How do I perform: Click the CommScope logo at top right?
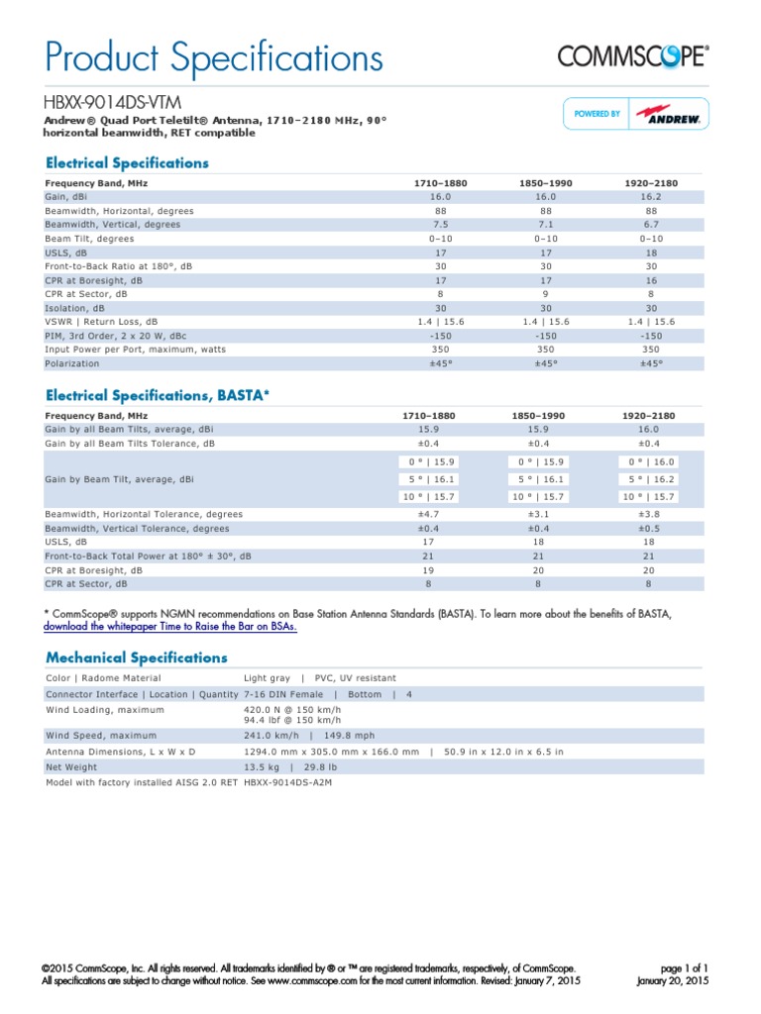pos(633,56)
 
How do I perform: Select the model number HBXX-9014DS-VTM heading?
pos(112,102)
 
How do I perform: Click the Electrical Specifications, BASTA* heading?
pos(158,395)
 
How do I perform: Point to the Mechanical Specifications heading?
pos(137,658)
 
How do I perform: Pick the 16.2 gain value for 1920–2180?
pos(651,197)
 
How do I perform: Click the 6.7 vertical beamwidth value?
pos(651,225)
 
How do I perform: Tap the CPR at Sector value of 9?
pos(546,294)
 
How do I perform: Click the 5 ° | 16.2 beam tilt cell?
pos(651,478)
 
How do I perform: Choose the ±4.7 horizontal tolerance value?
pos(440,514)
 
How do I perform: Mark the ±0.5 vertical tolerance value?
pos(651,528)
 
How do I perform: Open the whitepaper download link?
pos(170,627)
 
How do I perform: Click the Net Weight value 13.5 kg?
pos(261,765)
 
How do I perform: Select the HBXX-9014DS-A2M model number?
pos(287,782)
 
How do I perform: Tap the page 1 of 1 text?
pos(683,967)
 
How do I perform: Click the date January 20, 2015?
pos(672,980)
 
